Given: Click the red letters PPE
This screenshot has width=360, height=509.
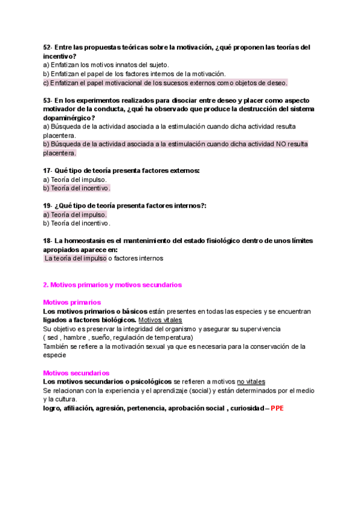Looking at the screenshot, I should point(277,408).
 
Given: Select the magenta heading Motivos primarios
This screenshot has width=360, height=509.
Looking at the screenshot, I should point(72,303).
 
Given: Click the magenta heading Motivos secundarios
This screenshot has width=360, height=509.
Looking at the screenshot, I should point(76,373).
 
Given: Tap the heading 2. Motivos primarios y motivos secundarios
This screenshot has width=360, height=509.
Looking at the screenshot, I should point(112,285).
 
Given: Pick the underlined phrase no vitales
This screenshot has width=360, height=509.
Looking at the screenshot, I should point(251,382).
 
